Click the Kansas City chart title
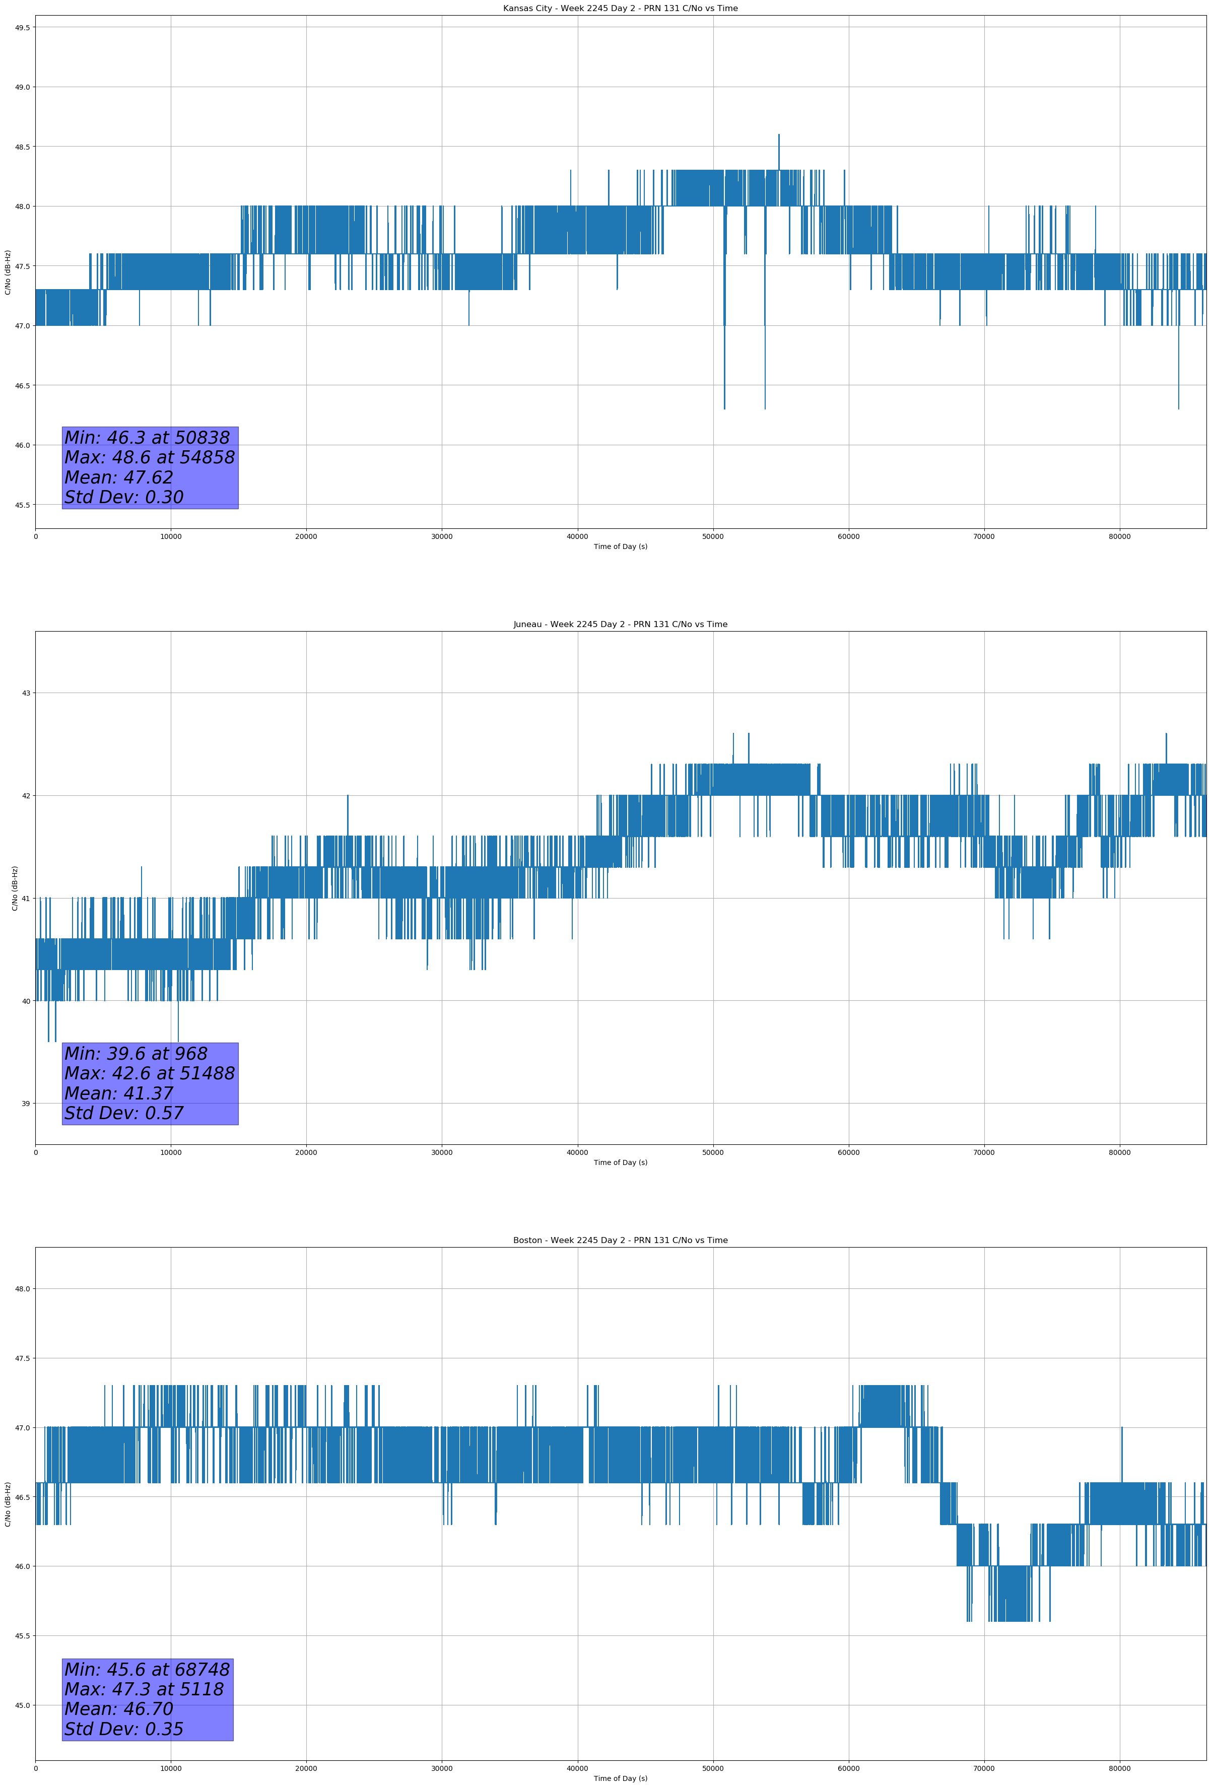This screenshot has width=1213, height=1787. (620, 9)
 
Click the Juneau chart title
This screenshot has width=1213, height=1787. (620, 625)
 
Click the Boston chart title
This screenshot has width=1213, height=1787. (620, 1241)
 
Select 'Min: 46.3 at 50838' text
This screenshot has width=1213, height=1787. (147, 438)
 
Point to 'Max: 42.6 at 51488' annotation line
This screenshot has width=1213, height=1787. (149, 1073)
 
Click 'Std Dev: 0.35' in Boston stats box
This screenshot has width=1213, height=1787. (124, 1729)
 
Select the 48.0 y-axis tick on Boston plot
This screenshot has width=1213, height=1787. (22, 1289)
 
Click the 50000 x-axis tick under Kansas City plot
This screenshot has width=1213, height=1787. (712, 537)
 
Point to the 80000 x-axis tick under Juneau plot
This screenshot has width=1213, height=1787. (1119, 1152)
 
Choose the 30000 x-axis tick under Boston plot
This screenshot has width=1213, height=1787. (441, 1768)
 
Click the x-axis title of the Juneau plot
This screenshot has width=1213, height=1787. (620, 1162)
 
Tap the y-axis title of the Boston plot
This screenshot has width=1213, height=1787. (8, 1504)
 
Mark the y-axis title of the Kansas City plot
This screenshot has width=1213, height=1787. (8, 272)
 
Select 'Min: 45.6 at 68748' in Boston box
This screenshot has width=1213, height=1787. (147, 1669)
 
